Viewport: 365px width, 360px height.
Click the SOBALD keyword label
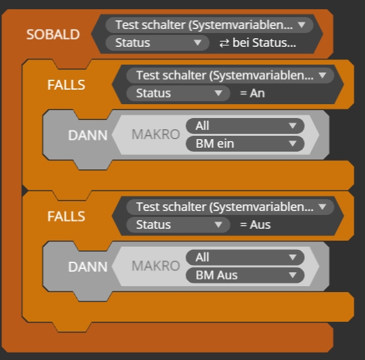(53, 34)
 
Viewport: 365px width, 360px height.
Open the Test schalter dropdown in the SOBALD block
(209, 25)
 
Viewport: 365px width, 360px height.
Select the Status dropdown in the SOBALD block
(157, 43)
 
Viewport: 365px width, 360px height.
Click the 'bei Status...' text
(264, 43)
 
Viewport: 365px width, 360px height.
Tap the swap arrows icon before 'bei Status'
(224, 44)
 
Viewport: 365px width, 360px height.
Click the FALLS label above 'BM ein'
(66, 85)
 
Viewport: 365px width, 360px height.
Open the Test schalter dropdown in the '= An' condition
(230, 75)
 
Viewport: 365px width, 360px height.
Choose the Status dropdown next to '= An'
(178, 93)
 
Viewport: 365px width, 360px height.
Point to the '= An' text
(252, 93)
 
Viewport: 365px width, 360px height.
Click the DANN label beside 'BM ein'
(88, 135)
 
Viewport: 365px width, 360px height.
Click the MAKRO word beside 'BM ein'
(156, 135)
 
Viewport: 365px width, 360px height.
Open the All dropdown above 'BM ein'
(245, 126)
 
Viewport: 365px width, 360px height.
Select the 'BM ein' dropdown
(245, 144)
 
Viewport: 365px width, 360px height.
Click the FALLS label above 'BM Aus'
(66, 216)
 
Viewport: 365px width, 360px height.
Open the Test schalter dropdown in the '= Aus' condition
(230, 207)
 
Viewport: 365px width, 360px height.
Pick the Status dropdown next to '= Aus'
(178, 225)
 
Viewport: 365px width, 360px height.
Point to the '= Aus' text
(255, 225)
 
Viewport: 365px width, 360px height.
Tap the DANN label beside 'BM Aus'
(88, 267)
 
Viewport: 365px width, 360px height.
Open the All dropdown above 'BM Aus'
(245, 258)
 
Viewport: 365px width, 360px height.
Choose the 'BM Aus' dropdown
(245, 276)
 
